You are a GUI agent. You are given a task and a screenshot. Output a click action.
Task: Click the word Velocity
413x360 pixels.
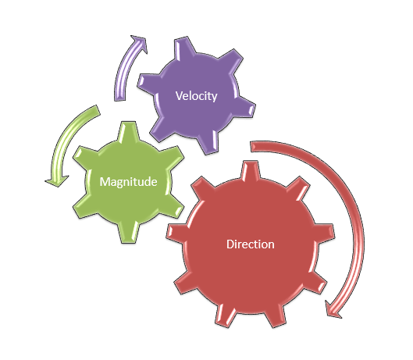coord(197,96)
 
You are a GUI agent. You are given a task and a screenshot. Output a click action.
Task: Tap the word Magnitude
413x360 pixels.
coord(128,182)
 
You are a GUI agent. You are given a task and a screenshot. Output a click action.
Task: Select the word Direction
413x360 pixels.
coord(251,244)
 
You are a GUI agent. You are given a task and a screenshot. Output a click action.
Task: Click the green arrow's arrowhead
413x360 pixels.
coord(57,180)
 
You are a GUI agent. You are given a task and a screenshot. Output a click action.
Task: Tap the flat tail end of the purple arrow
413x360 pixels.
coord(119,100)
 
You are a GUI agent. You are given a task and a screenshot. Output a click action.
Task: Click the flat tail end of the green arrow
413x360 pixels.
coord(98,110)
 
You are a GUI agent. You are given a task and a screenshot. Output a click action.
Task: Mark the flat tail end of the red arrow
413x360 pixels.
coord(251,147)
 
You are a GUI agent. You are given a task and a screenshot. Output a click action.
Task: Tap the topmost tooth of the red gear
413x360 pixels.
coord(250,170)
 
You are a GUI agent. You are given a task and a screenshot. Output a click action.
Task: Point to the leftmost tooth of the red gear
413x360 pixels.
coord(175,233)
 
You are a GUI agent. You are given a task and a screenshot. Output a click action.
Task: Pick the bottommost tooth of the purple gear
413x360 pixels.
coord(209,144)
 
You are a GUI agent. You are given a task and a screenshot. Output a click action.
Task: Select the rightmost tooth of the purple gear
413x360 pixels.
coord(245,108)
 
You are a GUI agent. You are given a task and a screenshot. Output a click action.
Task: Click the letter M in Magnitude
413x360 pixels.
coord(105,182)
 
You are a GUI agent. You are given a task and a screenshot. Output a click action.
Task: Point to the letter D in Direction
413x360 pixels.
coord(230,244)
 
